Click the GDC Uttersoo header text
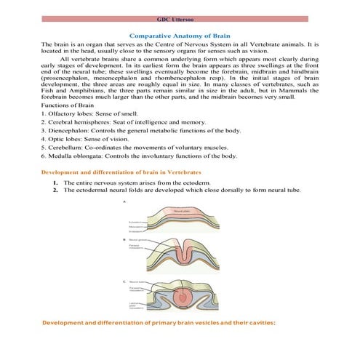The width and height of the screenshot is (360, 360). click(x=180, y=19)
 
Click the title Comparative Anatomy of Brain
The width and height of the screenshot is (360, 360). click(x=180, y=35)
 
